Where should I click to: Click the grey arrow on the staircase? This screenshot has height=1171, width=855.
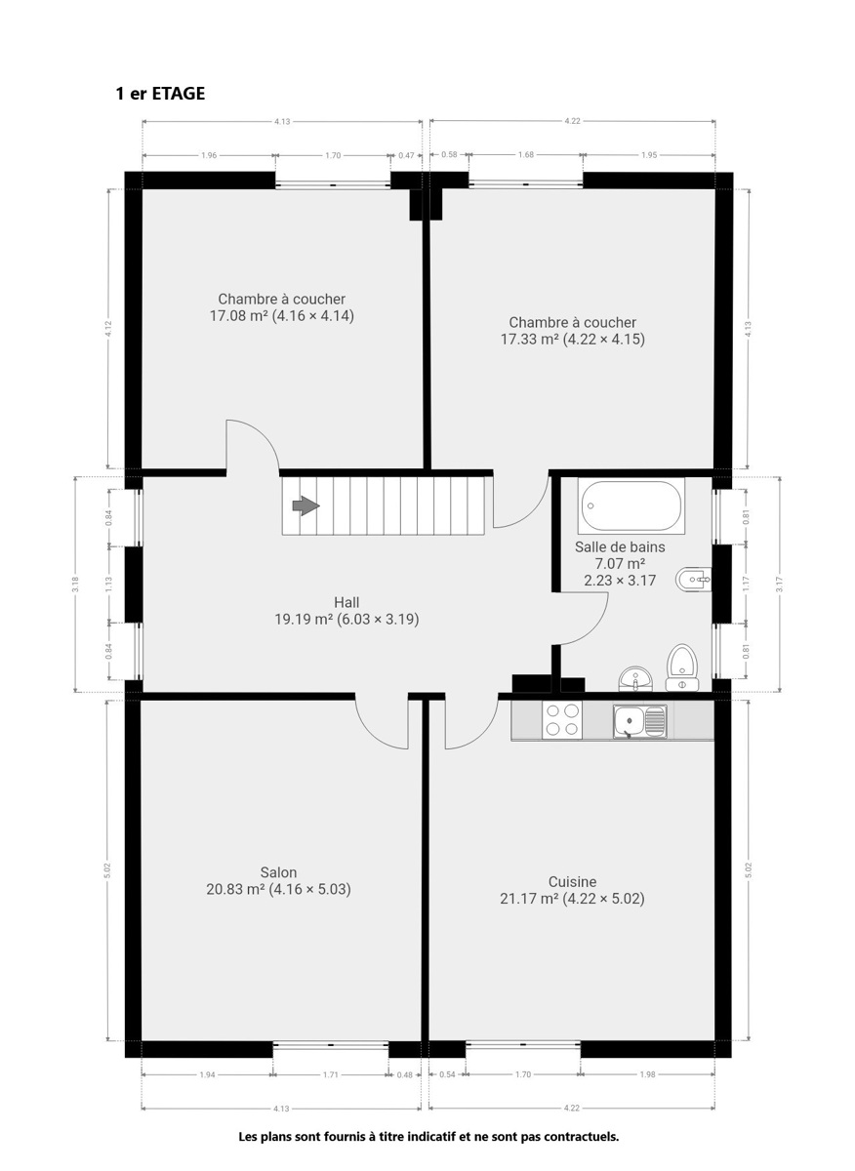coord(305,505)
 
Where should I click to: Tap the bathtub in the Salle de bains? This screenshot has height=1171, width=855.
coord(631,505)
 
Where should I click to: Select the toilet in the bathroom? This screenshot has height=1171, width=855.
coord(682,667)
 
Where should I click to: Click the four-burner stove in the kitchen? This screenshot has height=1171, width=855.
coord(562,720)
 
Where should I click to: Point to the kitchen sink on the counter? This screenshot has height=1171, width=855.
coord(640,721)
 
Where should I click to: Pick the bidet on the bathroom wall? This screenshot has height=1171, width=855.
coord(693,580)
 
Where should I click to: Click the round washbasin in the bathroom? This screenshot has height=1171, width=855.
coord(635,679)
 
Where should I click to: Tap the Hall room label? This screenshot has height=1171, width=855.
coord(346,602)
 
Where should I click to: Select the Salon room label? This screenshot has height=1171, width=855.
coord(279,872)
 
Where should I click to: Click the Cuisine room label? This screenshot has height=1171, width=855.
coord(572,881)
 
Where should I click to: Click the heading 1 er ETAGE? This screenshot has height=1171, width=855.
coord(160,94)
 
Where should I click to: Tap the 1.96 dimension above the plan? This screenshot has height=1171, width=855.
coord(209,155)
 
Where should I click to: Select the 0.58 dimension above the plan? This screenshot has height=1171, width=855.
coord(449,155)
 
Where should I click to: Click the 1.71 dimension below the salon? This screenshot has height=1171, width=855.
coord(331,1074)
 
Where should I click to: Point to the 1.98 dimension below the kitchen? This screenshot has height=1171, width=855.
coord(647,1074)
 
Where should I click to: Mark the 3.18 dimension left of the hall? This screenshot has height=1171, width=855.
coord(75,584)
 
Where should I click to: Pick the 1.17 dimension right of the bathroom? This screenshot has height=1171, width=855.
coord(746,584)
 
